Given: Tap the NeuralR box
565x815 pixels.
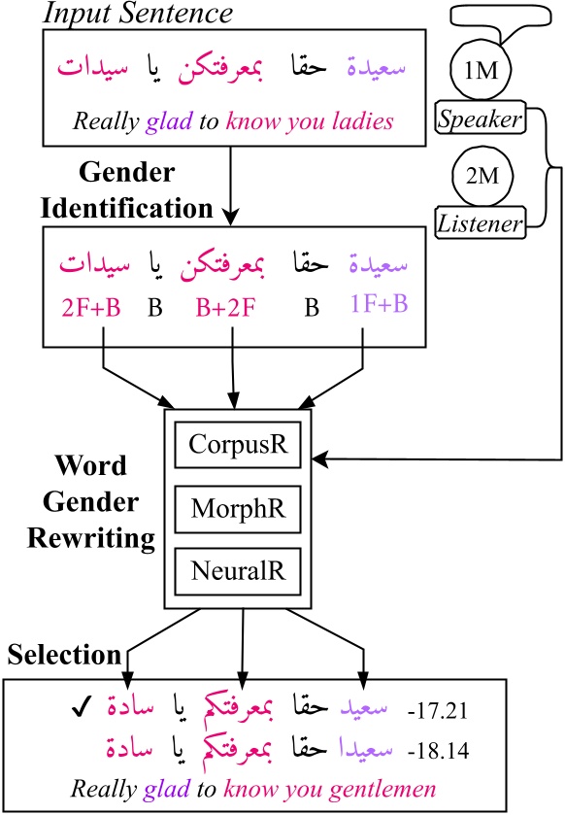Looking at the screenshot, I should [x=239, y=566].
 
